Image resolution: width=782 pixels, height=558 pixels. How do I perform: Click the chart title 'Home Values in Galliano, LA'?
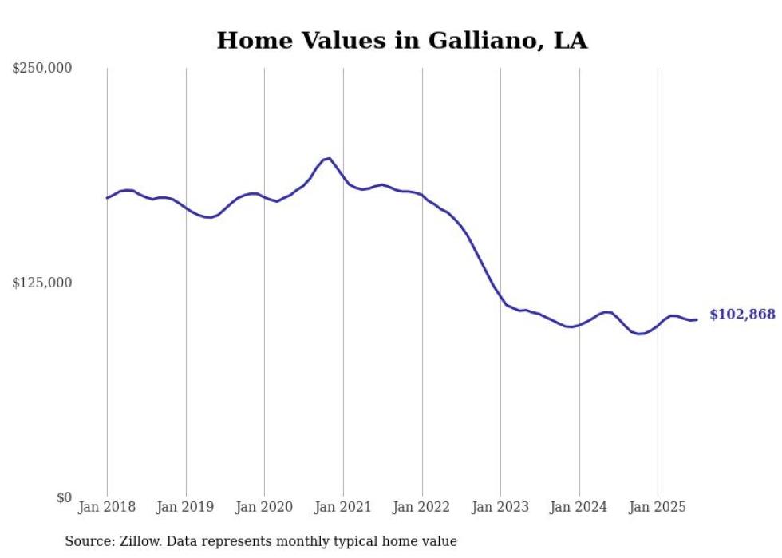[x=401, y=40]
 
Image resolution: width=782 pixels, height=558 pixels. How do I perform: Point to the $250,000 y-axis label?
[x=41, y=69]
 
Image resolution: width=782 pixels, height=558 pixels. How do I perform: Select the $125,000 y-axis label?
[x=41, y=283]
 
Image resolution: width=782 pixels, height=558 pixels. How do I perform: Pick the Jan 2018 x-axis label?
[x=107, y=507]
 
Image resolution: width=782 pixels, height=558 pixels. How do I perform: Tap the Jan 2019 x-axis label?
[x=186, y=507]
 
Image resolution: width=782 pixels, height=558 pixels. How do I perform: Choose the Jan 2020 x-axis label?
[x=264, y=507]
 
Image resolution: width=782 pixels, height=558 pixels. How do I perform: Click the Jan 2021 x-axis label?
[x=343, y=507]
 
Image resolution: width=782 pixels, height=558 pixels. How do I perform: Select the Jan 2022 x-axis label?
[x=422, y=507]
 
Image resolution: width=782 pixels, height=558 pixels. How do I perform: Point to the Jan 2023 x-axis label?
[x=500, y=507]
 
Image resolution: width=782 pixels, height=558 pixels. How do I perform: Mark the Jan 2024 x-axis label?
[x=579, y=507]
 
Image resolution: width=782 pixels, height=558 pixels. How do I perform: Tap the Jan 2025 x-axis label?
[x=658, y=507]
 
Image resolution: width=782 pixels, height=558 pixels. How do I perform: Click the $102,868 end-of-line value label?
[x=742, y=315]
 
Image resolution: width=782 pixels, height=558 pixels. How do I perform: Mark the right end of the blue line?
[x=697, y=319]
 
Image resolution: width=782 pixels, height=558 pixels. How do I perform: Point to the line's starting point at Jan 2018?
[x=107, y=197]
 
